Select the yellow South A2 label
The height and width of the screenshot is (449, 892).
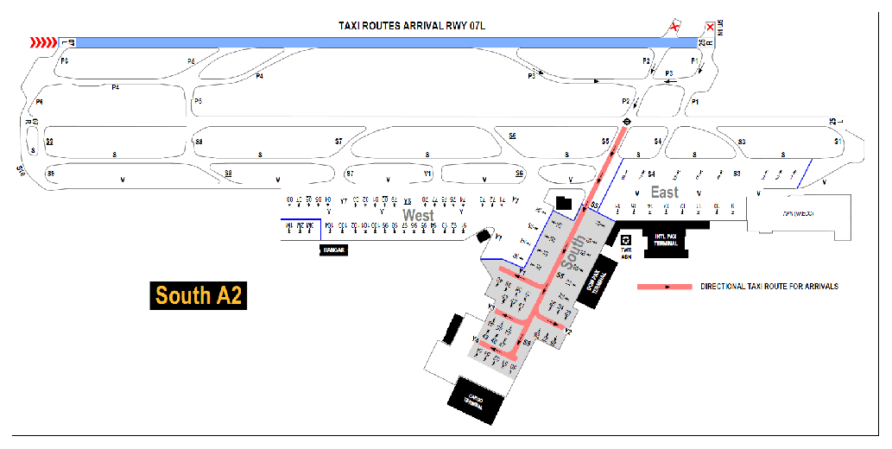(198, 295)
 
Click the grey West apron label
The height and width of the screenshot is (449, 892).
(419, 215)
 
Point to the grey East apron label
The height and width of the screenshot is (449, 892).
(665, 192)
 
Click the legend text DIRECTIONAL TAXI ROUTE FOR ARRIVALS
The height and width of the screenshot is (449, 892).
(769, 286)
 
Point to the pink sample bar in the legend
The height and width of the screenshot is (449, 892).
(664, 286)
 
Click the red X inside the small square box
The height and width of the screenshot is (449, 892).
(710, 27)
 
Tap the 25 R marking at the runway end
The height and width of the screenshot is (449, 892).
(704, 41)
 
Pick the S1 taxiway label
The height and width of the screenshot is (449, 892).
(837, 141)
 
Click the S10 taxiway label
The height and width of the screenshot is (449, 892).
(21, 169)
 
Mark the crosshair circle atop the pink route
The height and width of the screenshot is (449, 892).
(627, 122)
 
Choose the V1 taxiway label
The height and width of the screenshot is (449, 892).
(427, 174)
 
